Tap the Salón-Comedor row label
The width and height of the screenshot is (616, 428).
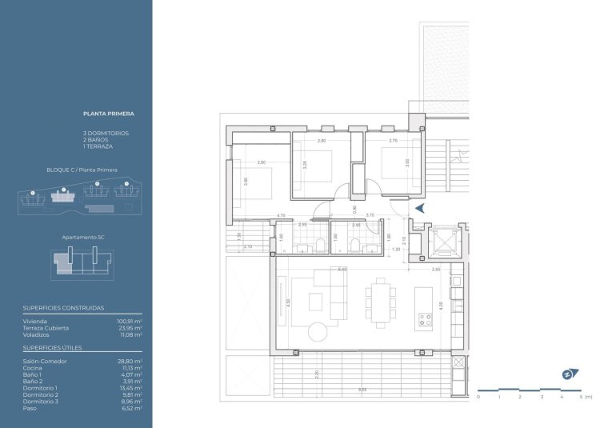click(45, 362)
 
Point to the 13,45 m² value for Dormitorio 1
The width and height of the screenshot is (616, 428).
click(129, 388)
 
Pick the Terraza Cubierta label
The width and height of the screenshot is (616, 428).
click(46, 328)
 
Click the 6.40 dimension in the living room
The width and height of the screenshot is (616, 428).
click(342, 270)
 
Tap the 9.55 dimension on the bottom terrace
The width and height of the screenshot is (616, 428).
click(362, 390)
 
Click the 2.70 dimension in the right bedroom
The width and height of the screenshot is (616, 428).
click(393, 141)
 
